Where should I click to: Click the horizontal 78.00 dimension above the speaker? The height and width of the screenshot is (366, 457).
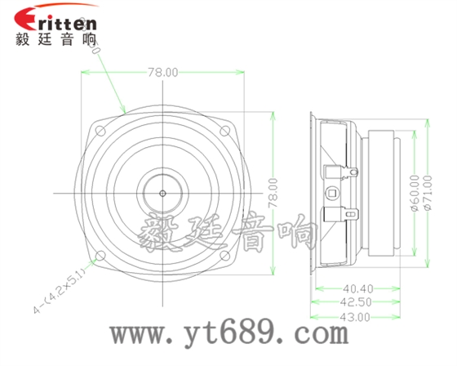(x=162, y=72)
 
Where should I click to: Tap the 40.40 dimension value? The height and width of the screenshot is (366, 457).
(x=357, y=288)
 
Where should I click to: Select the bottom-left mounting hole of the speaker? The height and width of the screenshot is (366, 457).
(x=101, y=256)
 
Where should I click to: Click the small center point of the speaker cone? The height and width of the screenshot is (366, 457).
(x=163, y=193)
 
